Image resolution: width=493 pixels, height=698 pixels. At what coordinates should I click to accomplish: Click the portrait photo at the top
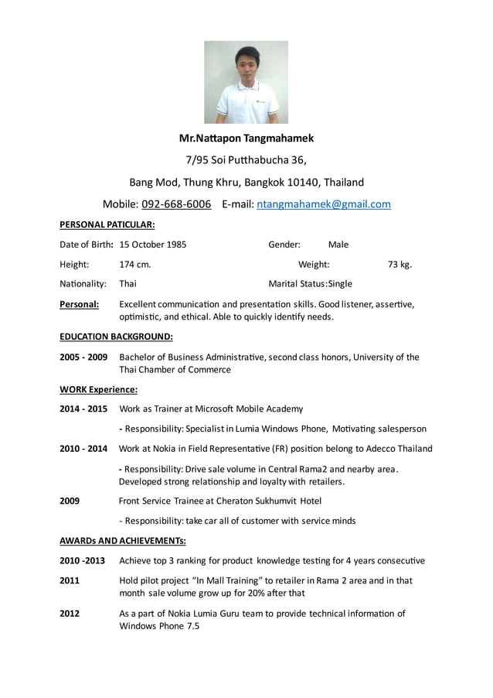click(x=246, y=82)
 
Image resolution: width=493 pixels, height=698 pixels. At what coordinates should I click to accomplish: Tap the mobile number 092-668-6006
click(x=176, y=204)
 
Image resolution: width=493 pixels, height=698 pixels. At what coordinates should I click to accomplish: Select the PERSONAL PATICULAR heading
click(x=107, y=224)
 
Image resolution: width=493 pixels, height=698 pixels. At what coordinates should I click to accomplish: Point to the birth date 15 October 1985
click(x=153, y=245)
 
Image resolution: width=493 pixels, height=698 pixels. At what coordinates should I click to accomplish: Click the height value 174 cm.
click(x=135, y=265)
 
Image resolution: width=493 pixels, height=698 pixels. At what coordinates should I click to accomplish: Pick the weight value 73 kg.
click(x=399, y=265)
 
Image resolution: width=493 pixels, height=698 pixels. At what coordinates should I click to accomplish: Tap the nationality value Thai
click(x=127, y=284)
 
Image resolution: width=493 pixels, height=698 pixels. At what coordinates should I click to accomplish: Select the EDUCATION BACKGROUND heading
click(x=116, y=337)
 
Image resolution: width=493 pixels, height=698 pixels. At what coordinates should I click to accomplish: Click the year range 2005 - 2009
click(x=83, y=357)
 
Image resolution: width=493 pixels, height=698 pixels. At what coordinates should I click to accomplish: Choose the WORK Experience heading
click(x=99, y=389)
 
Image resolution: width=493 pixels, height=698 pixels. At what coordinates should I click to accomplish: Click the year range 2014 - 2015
click(x=83, y=409)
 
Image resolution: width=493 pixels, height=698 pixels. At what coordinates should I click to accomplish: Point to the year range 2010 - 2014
click(x=83, y=448)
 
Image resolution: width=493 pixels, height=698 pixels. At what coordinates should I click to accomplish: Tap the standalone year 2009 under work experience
click(x=70, y=501)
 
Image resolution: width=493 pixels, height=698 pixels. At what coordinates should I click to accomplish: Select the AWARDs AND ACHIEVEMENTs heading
click(x=123, y=540)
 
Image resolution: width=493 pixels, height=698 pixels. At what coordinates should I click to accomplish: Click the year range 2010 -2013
click(x=83, y=560)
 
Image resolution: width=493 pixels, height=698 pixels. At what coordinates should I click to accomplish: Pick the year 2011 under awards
click(x=70, y=580)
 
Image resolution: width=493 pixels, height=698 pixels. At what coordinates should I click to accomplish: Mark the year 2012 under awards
click(x=70, y=614)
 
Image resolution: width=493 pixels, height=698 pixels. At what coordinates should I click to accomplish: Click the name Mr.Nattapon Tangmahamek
click(x=246, y=139)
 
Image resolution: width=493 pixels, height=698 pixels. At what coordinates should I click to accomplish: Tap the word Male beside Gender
click(x=338, y=245)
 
